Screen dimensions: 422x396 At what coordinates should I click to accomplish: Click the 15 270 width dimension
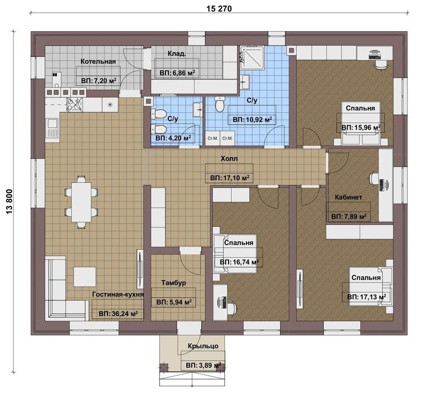(x=219, y=9)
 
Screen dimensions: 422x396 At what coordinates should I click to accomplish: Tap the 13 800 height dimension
(x=10, y=201)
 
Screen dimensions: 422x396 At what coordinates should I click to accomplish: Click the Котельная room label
(x=98, y=62)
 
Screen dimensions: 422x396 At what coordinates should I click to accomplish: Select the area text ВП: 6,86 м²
(x=177, y=73)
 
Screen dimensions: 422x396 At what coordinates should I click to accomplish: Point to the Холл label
(x=229, y=158)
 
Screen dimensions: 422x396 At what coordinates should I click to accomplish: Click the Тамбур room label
(x=173, y=283)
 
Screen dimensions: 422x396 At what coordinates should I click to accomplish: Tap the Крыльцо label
(x=203, y=346)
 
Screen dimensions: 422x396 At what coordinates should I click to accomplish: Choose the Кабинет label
(x=348, y=197)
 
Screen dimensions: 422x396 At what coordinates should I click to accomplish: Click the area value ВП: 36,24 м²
(x=119, y=314)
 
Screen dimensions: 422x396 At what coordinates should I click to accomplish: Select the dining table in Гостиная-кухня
(x=81, y=202)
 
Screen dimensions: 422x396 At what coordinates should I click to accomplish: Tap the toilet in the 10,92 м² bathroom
(x=220, y=104)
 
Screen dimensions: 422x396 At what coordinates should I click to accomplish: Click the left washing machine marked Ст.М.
(x=213, y=138)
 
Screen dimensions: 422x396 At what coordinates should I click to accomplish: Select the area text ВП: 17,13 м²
(x=367, y=297)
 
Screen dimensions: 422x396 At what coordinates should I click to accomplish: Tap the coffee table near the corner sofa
(x=85, y=277)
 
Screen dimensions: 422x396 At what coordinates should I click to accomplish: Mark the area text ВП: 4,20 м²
(x=173, y=138)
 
